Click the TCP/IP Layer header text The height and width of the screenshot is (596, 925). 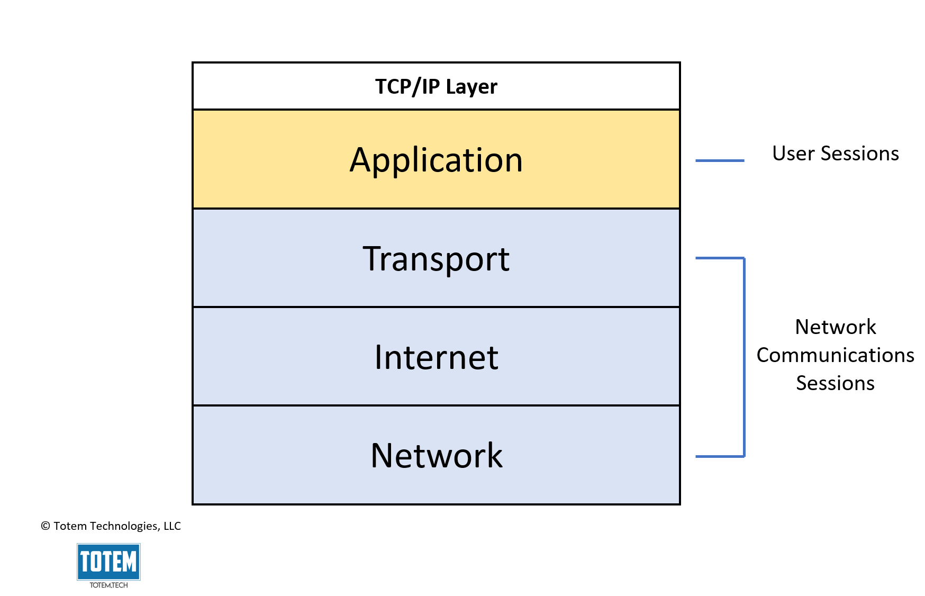(436, 87)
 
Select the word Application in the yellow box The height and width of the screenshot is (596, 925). (436, 160)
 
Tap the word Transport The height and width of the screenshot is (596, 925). (436, 259)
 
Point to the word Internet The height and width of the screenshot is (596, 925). (436, 358)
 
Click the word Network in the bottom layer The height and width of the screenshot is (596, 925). (436, 456)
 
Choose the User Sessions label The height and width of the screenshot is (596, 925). (835, 153)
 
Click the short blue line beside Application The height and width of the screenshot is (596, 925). (719, 160)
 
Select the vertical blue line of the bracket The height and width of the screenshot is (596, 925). (744, 357)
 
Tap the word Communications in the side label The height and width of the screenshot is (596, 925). (835, 355)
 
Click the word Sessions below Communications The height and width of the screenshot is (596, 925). (835, 383)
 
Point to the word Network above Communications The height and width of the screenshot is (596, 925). (835, 327)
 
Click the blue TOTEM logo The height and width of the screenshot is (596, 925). (108, 562)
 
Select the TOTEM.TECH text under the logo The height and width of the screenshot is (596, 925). (108, 585)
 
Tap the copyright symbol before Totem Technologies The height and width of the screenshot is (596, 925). (46, 526)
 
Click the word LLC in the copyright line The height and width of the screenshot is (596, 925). (172, 526)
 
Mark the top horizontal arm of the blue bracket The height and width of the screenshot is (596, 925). (720, 258)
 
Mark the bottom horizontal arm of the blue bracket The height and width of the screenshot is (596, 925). (720, 456)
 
